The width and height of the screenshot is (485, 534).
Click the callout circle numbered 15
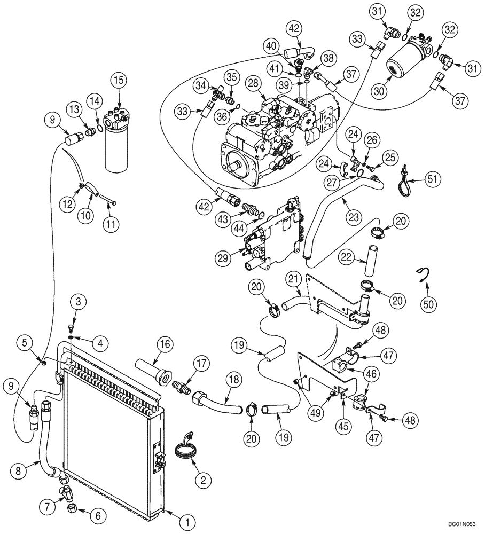119,81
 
